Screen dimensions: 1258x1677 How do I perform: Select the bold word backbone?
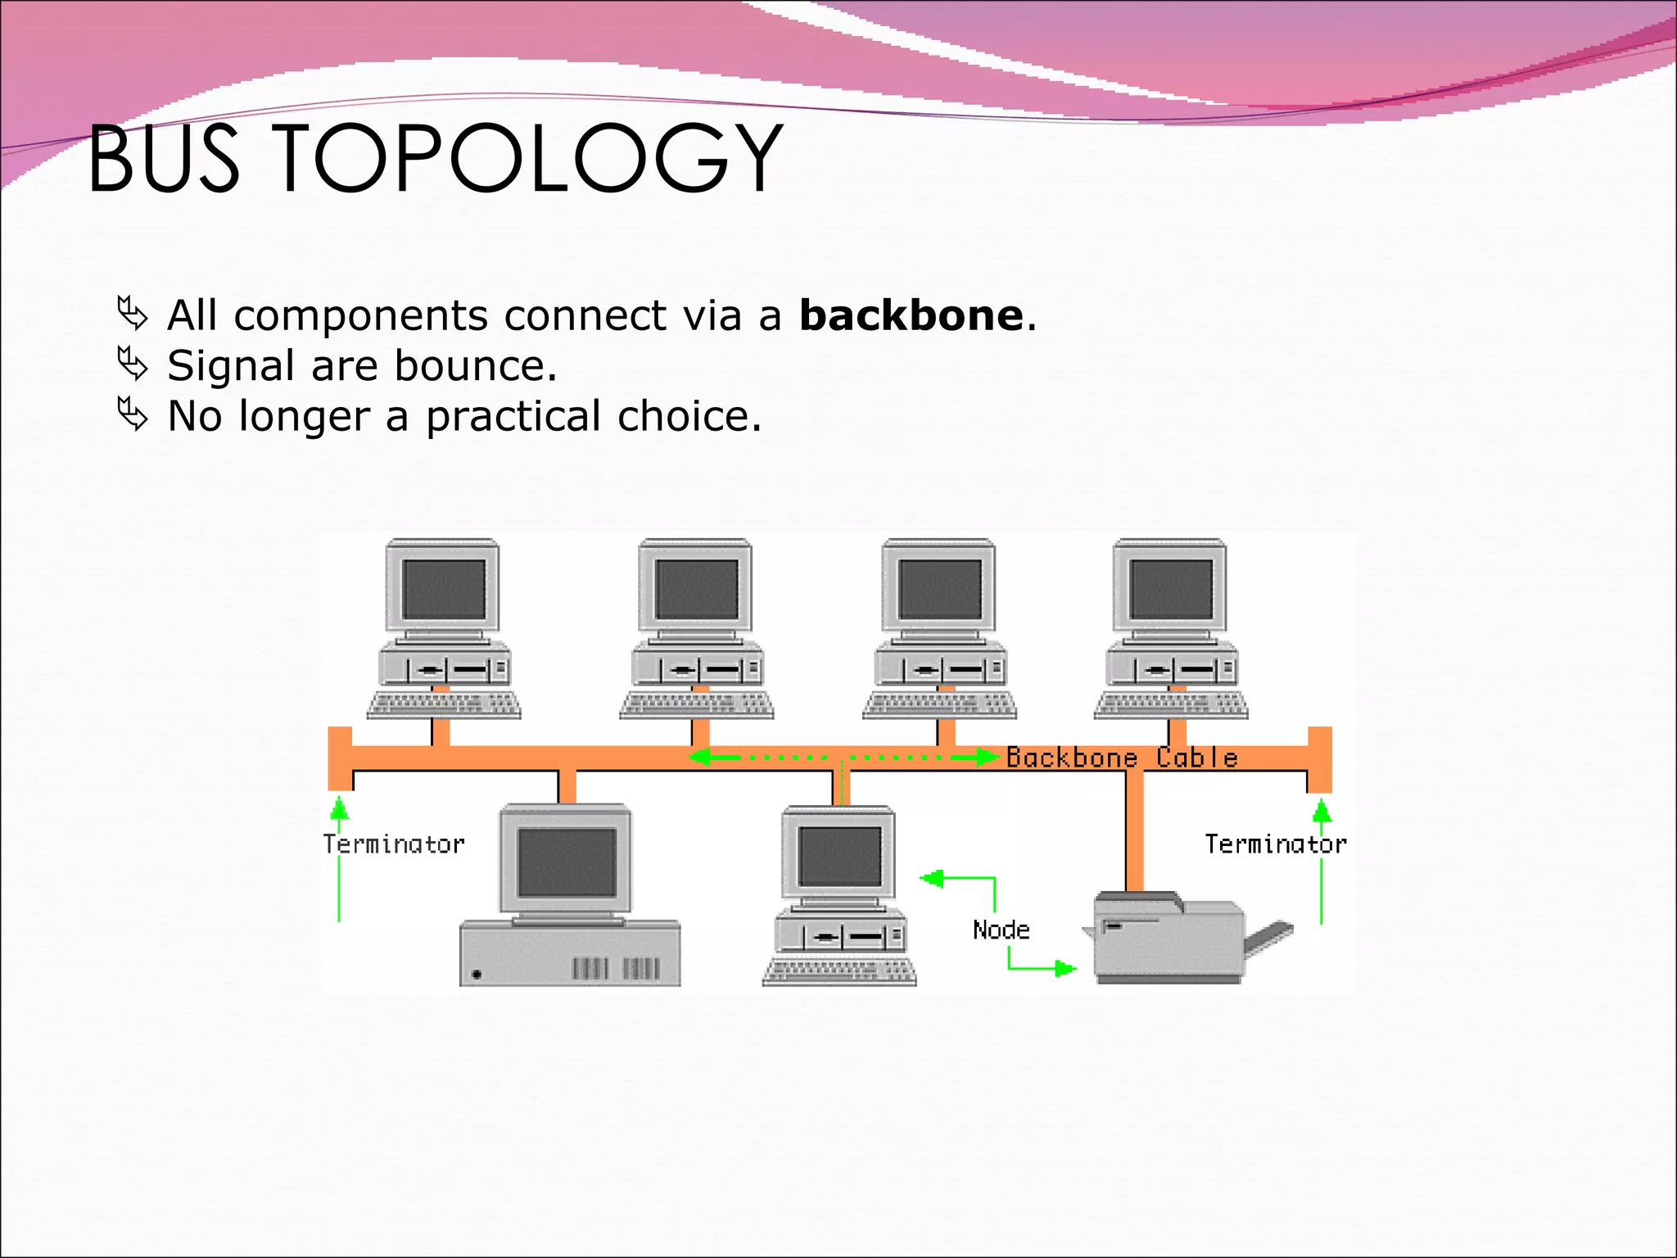pyautogui.click(x=911, y=315)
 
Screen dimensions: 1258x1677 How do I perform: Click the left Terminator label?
pyautogui.click(x=393, y=844)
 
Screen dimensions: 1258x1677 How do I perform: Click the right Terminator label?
pyautogui.click(x=1275, y=844)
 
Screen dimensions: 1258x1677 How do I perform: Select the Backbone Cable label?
pyautogui.click(x=1121, y=758)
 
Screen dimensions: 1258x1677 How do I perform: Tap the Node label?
pyautogui.click(x=1001, y=930)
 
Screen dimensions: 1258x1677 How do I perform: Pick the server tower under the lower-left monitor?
pyautogui.click(x=569, y=954)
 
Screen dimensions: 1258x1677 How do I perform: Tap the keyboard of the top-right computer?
pyautogui.click(x=1171, y=704)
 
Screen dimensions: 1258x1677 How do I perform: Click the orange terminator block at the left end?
pyautogui.click(x=339, y=758)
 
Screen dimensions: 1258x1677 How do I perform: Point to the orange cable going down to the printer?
pyautogui.click(x=1134, y=831)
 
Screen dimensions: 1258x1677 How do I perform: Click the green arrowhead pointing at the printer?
pyautogui.click(x=1065, y=969)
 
